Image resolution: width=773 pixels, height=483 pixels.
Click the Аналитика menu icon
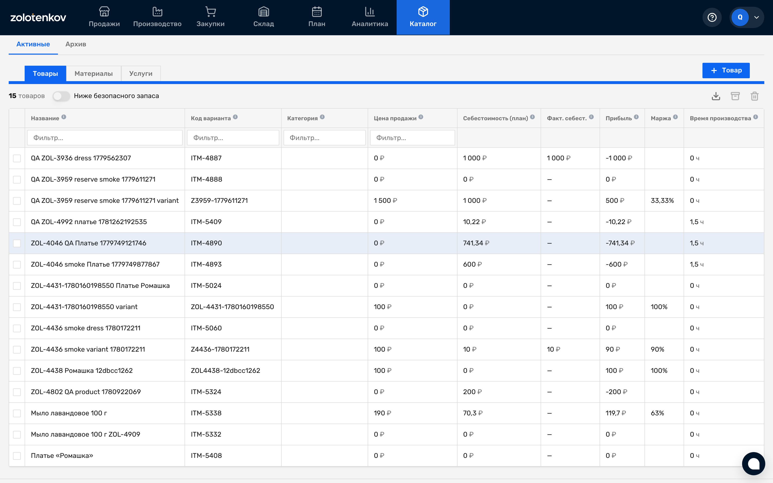pos(370,12)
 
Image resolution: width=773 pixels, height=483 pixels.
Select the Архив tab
pos(76,44)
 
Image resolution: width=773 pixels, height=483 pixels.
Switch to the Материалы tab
pos(93,73)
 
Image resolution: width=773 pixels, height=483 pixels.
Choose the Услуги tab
pos(141,73)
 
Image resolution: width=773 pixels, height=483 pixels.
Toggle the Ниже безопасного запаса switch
pos(61,96)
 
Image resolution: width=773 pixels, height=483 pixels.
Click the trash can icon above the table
pos(754,96)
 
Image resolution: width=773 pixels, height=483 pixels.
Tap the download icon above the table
pos(716,96)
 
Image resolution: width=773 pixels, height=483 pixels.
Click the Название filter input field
pos(105,138)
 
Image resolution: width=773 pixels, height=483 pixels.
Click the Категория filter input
pos(324,138)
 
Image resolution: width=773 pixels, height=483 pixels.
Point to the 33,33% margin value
pos(662,201)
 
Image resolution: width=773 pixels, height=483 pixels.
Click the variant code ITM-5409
pos(206,222)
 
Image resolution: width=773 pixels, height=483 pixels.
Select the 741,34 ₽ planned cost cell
pos(476,243)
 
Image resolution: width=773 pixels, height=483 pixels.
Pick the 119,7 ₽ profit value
pos(616,413)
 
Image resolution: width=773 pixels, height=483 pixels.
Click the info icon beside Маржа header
pos(675,117)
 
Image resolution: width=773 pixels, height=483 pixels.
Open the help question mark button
pos(712,17)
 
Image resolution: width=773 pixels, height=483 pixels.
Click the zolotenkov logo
pos(38,17)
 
